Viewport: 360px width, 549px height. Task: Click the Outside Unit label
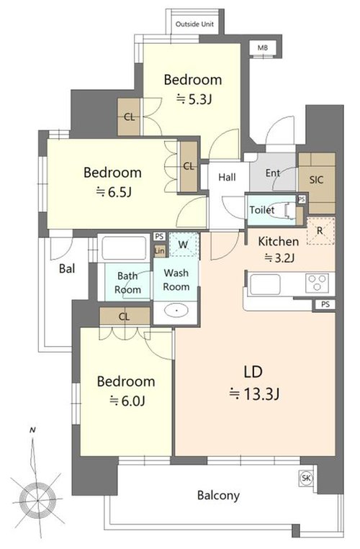194,24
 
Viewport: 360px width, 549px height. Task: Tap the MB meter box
263,47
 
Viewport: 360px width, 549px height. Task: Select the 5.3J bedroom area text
194,100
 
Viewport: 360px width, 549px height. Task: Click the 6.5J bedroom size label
114,192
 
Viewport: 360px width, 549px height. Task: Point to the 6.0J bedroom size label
127,401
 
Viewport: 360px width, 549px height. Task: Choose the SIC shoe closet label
316,180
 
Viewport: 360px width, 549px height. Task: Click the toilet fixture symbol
290,211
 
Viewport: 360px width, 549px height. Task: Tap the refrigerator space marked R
321,231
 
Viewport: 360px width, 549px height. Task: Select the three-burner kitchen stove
318,282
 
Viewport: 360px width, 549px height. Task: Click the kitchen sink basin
266,284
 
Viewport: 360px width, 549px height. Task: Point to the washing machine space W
184,245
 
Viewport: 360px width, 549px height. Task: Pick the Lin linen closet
159,250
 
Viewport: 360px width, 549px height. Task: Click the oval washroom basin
176,310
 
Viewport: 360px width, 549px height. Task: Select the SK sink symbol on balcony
306,478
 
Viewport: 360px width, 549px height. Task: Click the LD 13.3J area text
254,383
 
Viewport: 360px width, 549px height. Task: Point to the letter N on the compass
32,430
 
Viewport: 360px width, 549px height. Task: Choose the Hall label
227,177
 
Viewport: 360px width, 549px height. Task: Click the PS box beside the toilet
302,199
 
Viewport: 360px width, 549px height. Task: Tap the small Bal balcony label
67,268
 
